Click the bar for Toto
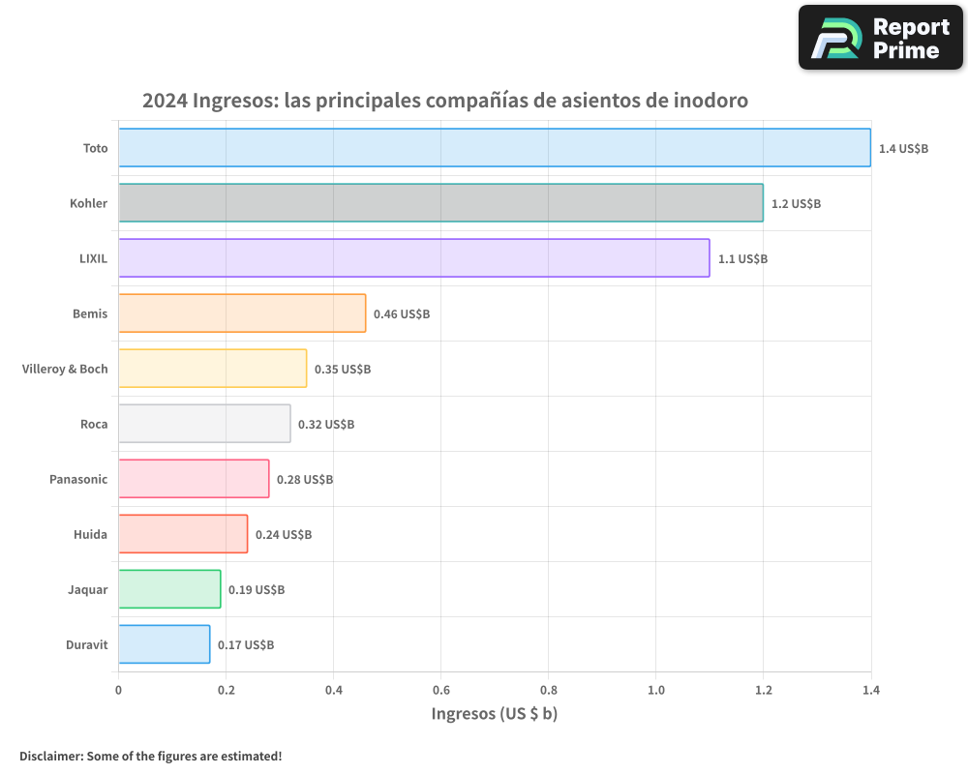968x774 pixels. [x=494, y=148]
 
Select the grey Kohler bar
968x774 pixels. [x=440, y=203]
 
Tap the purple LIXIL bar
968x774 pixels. [x=413, y=258]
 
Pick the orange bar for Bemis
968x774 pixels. [x=242, y=313]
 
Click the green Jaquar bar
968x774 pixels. [x=169, y=589]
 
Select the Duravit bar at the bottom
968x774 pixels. [x=164, y=644]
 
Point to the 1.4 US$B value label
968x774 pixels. [x=903, y=149]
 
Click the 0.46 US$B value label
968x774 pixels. [x=402, y=314]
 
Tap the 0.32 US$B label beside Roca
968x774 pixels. [x=326, y=425]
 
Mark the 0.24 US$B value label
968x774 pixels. [x=284, y=535]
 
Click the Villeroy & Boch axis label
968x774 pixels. [x=65, y=369]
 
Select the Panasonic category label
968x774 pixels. [x=78, y=479]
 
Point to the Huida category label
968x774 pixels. [x=90, y=534]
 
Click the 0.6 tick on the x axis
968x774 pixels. [x=440, y=690]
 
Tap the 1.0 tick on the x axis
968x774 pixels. [x=655, y=690]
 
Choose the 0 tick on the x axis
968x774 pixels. [x=118, y=690]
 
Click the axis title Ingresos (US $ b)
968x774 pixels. [x=494, y=714]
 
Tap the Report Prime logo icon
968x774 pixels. [x=835, y=38]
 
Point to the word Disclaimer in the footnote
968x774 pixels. [x=50, y=756]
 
